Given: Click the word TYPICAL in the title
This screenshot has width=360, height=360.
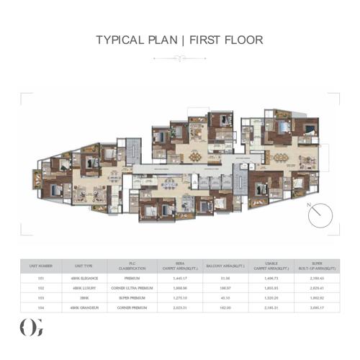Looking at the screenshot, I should pos(120,40).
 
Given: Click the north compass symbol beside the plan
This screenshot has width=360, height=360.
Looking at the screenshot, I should pos(317,214).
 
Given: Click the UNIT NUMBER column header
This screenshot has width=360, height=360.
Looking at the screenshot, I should pos(41,266).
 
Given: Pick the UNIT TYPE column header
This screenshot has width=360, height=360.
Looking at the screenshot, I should pos(83,266).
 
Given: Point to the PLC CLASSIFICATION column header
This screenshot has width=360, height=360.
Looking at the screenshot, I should pos(132,266).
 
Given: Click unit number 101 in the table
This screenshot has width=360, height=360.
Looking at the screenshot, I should pos(41,277).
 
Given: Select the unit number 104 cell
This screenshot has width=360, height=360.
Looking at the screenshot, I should pos(41,307).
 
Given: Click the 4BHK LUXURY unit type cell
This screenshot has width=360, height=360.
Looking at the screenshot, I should pos(83,287).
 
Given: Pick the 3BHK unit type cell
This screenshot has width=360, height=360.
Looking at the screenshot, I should pos(83,297).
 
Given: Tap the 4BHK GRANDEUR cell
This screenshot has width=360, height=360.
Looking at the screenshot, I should pos(83,307).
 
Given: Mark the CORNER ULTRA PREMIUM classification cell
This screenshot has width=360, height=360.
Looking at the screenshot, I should pos(132,287).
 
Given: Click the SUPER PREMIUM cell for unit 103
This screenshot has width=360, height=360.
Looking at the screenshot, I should pos(132,297).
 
